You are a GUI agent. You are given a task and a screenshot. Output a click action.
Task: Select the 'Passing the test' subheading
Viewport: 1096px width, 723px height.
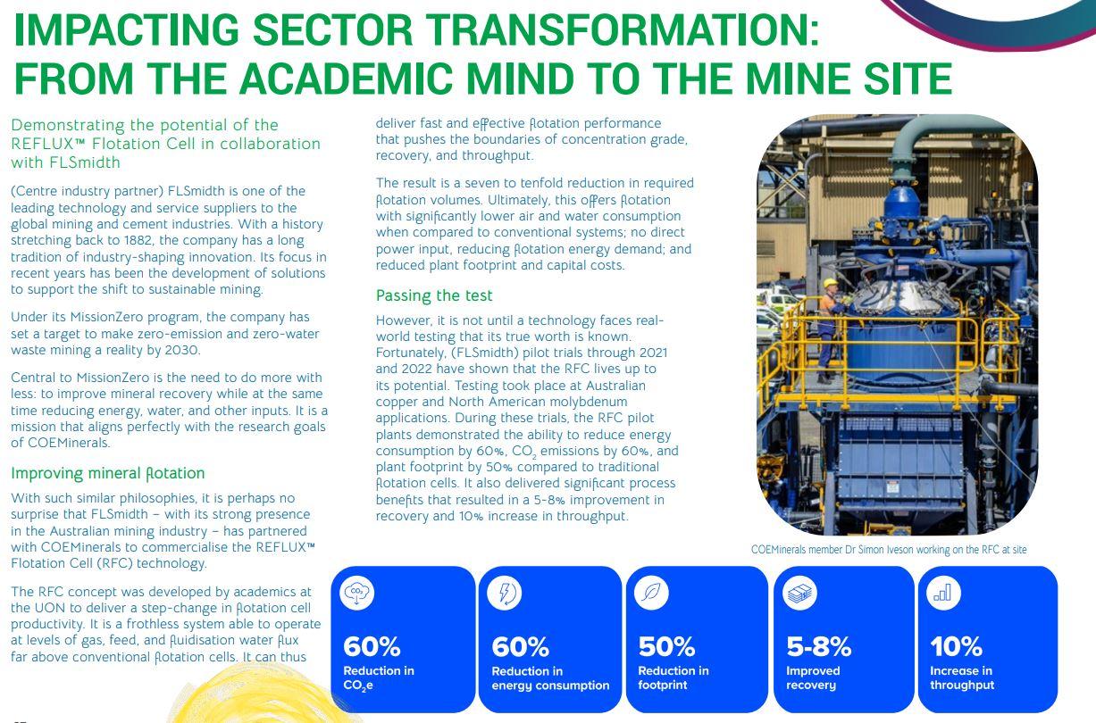click(x=434, y=295)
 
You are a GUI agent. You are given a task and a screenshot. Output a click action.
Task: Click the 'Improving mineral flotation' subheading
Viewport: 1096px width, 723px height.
click(x=108, y=473)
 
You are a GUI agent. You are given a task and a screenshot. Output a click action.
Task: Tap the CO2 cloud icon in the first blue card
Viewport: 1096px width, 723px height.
click(x=356, y=592)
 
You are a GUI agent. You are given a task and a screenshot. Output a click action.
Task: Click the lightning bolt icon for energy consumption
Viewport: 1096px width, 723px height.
click(x=505, y=593)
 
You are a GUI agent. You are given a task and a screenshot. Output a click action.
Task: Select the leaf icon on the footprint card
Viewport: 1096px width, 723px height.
click(x=651, y=593)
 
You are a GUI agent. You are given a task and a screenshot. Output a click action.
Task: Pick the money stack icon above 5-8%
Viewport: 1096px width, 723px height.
click(x=799, y=593)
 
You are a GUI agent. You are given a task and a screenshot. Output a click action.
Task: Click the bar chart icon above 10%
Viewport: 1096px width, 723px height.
click(x=943, y=593)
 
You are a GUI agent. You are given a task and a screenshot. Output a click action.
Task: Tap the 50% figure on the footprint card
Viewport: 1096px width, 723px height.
click(x=666, y=646)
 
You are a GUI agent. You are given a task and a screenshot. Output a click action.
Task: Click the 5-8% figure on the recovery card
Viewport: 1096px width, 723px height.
click(x=818, y=646)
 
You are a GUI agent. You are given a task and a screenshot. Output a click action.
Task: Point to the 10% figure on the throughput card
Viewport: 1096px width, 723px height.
click(x=956, y=646)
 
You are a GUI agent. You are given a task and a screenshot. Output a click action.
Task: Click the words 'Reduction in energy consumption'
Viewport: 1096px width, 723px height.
click(x=550, y=678)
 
